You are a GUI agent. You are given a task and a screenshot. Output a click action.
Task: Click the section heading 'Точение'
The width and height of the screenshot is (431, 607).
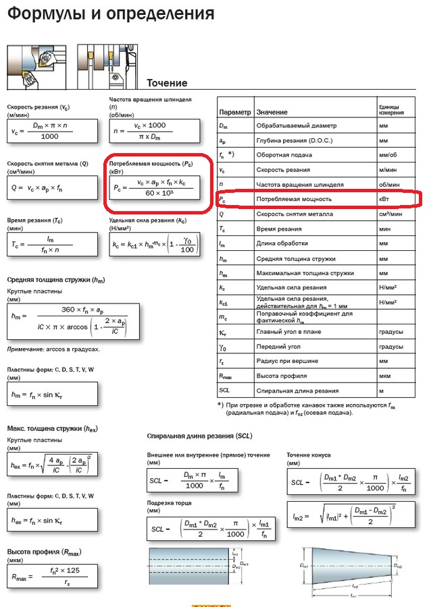point(167,83)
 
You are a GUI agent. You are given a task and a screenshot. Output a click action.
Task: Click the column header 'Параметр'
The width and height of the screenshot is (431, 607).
point(234,111)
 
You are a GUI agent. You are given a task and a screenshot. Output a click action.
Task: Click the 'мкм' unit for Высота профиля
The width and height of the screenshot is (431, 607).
point(385,376)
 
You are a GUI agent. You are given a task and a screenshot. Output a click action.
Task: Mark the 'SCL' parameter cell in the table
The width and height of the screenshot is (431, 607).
point(226,391)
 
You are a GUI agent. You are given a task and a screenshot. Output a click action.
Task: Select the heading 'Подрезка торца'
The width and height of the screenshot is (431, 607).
point(170,503)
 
